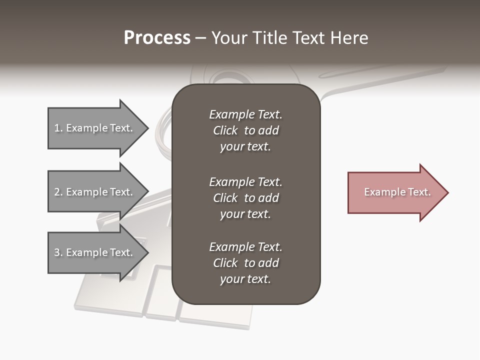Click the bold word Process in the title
click(x=157, y=37)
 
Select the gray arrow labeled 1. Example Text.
click(x=95, y=128)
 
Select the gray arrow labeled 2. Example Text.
click(x=95, y=192)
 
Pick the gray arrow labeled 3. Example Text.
click(x=95, y=252)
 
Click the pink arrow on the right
click(x=395, y=192)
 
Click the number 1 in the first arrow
click(x=57, y=128)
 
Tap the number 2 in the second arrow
click(x=57, y=192)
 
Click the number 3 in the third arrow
click(x=57, y=252)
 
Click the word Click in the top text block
click(x=225, y=130)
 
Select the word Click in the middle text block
click(x=225, y=198)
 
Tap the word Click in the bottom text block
click(x=225, y=263)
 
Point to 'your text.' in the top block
click(x=245, y=147)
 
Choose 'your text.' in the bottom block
click(x=245, y=279)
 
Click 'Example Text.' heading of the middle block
click(x=245, y=182)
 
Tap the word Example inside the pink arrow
click(x=381, y=192)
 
